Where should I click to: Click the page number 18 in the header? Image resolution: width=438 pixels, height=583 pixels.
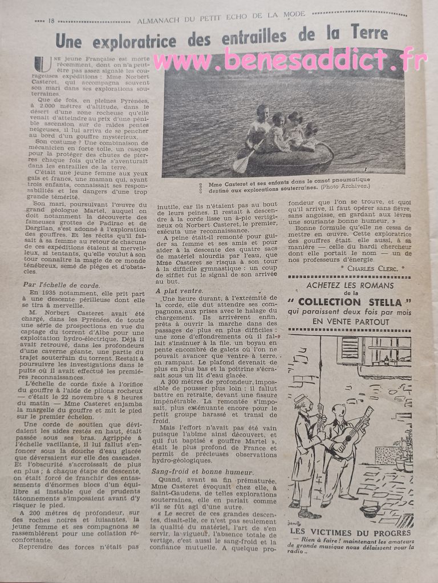51,22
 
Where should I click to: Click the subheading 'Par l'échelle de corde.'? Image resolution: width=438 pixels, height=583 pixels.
61,284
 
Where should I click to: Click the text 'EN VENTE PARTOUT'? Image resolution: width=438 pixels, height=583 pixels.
350,321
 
